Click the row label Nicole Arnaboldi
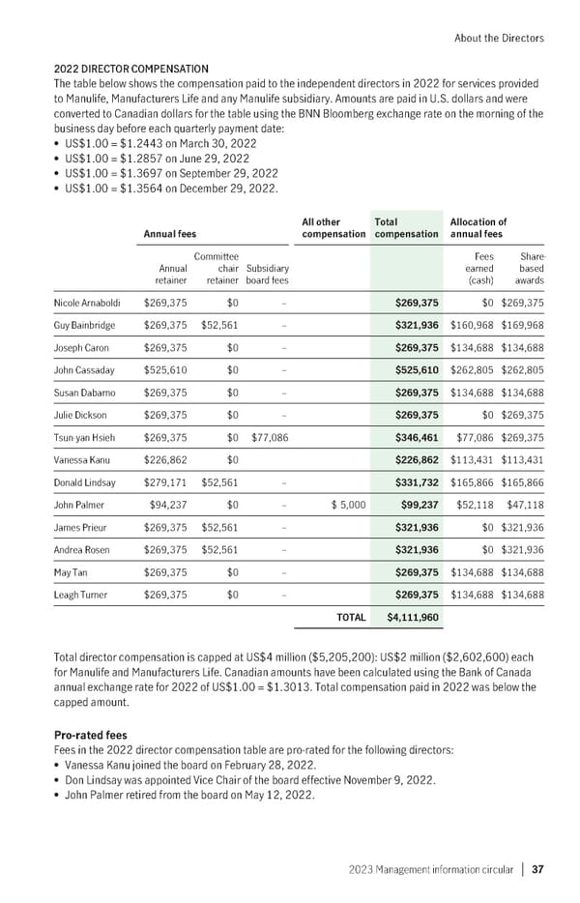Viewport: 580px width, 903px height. [x=88, y=302]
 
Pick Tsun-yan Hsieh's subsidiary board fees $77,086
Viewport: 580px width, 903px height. [x=268, y=437]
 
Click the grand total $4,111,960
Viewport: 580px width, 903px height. [x=413, y=616]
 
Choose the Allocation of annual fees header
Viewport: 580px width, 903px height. [x=478, y=227]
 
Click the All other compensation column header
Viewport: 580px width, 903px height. [x=333, y=227]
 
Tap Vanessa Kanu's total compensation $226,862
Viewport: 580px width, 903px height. [x=418, y=459]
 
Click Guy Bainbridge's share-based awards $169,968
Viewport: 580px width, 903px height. [x=522, y=325]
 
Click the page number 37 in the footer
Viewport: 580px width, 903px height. [x=537, y=868]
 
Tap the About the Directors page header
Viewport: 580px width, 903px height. [x=498, y=38]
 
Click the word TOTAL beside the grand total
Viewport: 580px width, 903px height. [x=350, y=616]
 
